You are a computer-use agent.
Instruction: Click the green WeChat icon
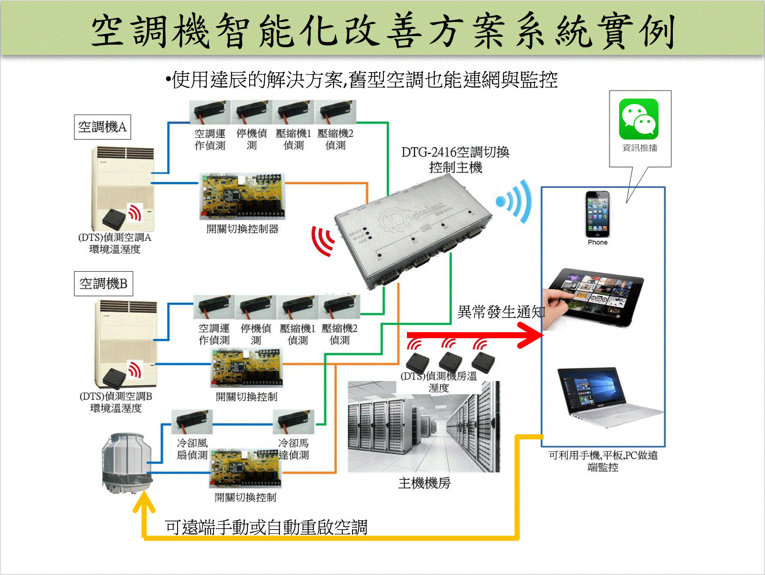tap(639, 119)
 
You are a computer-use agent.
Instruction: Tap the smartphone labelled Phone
tap(598, 215)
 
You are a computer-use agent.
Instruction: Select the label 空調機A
tap(102, 127)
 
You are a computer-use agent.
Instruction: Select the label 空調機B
tap(103, 284)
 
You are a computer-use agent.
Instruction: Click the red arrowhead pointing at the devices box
tap(532, 335)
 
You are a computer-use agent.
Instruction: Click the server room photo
tap(424, 427)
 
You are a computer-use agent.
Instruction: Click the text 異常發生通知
tap(501, 312)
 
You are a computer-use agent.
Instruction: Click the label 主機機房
tap(424, 483)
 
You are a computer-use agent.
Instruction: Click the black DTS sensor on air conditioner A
tap(114, 219)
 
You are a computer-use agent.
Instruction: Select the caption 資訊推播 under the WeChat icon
tap(639, 148)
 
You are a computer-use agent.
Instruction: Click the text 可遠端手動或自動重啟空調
tap(266, 527)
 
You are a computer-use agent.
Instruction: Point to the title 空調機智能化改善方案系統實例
tap(383, 31)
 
